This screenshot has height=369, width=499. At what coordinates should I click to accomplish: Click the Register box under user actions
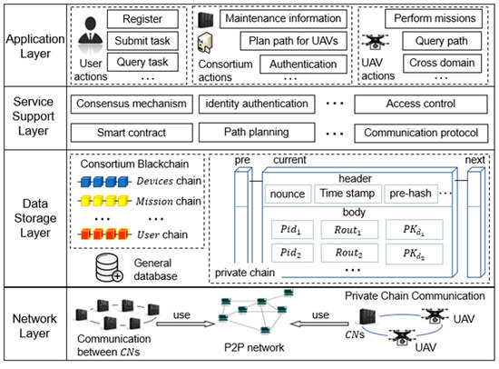click(x=139, y=18)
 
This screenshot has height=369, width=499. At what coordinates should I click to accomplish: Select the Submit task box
click(x=139, y=41)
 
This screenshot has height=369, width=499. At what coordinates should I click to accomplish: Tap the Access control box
click(x=417, y=105)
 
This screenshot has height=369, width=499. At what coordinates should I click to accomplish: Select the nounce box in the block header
click(x=287, y=193)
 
